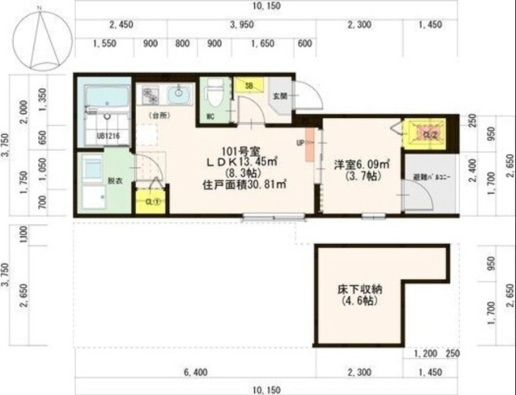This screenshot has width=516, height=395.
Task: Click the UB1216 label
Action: coord(105,136)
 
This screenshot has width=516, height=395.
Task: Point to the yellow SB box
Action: coord(248,85)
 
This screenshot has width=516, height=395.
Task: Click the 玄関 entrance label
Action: coord(279,97)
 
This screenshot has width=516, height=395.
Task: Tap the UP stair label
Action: coord(301,142)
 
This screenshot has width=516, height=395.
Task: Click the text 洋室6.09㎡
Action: coord(361,164)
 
